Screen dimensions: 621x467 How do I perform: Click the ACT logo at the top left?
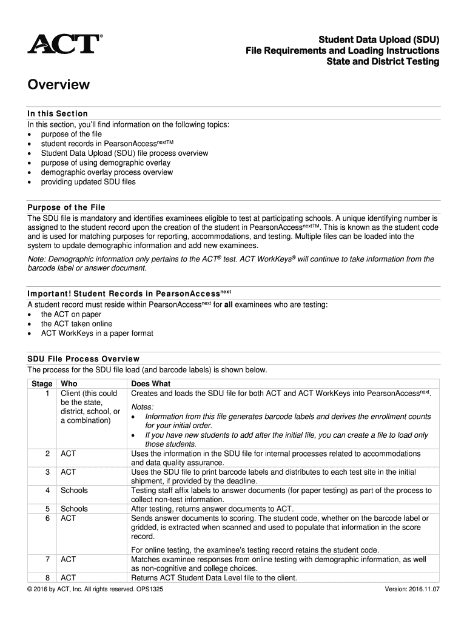(x=64, y=44)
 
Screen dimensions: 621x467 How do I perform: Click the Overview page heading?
(x=58, y=85)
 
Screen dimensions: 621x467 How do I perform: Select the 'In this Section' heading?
(x=58, y=113)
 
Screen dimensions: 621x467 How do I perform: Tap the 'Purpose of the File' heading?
(x=66, y=207)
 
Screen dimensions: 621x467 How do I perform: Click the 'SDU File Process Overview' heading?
(x=84, y=358)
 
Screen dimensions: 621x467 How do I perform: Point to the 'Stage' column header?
(x=42, y=384)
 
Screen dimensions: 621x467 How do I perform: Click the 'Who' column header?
(x=69, y=384)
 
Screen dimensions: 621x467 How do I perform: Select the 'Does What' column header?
(x=151, y=384)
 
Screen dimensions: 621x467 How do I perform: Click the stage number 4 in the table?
(x=47, y=490)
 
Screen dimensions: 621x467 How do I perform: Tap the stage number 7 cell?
(x=47, y=560)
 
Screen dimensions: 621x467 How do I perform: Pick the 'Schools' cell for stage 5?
(x=74, y=509)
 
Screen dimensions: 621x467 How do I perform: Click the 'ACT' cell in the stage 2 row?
(x=68, y=454)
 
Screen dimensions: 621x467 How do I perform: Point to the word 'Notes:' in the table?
(x=143, y=406)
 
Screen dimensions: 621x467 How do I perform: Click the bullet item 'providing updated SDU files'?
(x=88, y=182)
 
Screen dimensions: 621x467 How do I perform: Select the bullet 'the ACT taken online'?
(x=76, y=324)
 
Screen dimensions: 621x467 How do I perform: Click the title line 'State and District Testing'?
(x=383, y=62)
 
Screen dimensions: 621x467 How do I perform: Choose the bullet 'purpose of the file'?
(x=72, y=134)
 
